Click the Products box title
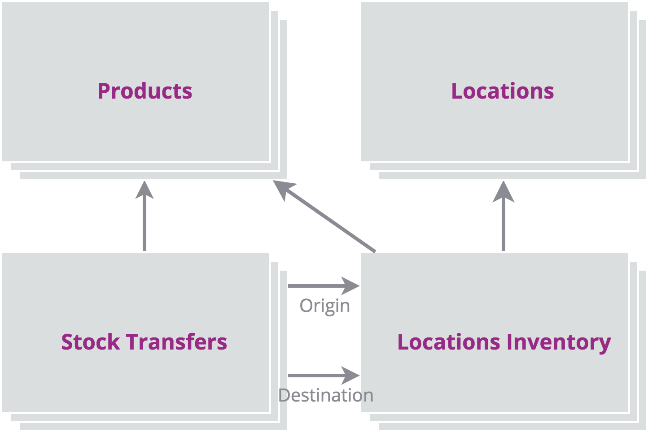click(x=145, y=91)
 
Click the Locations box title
click(x=503, y=91)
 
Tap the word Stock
click(x=91, y=342)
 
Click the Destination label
click(x=326, y=395)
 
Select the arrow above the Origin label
click(x=324, y=286)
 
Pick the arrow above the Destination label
click(x=324, y=376)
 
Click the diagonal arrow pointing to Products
click(x=324, y=216)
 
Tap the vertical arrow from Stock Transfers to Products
click(x=144, y=216)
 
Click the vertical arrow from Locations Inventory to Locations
click(x=504, y=216)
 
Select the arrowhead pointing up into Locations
click(x=504, y=192)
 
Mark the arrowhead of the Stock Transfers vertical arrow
click(x=144, y=190)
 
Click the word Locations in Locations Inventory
click(x=449, y=342)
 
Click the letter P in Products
click(x=104, y=91)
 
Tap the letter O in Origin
click(x=306, y=306)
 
